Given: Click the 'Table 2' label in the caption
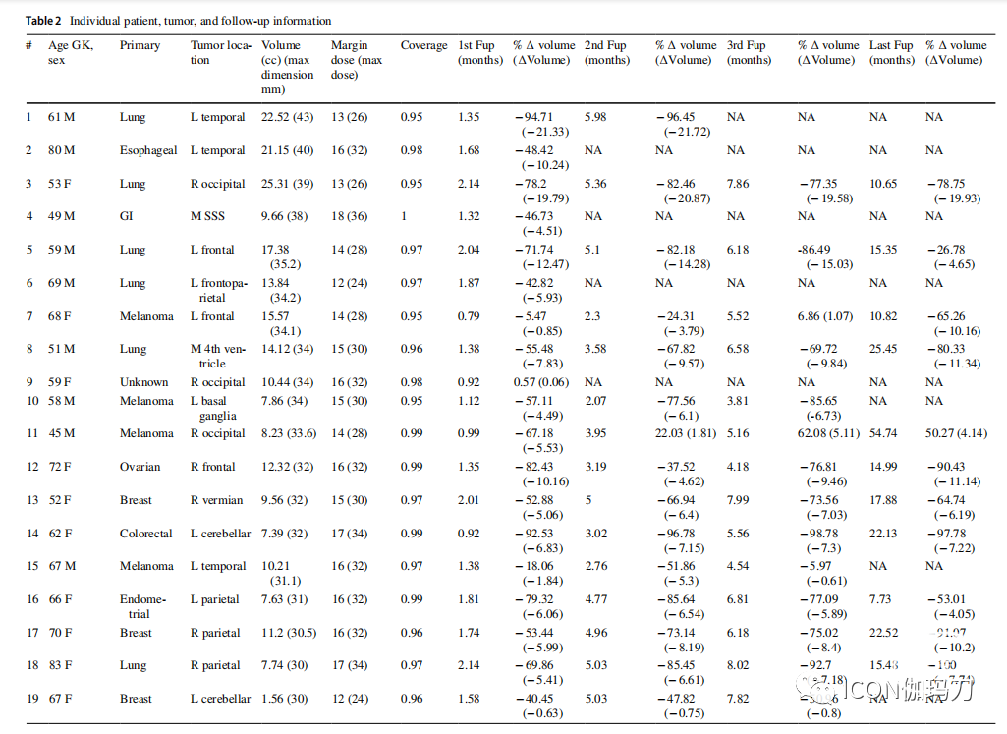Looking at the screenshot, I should pos(42,21).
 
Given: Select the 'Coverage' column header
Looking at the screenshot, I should pos(422,45).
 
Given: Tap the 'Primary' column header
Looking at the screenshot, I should pos(139,45).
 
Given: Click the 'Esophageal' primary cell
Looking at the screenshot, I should pos(148,150).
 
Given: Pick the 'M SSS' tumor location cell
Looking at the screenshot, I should pos(207,216).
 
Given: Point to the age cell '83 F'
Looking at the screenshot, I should pos(60,665).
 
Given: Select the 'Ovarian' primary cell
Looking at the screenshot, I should pos(140,467).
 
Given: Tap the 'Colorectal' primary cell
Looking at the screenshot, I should pos(146,534).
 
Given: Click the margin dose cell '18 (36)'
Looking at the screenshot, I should pos(351,216).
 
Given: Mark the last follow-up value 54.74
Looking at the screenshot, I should pos(883,433).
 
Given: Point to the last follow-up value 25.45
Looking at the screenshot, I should pos(883,349).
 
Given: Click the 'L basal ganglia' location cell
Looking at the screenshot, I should pos(211,408).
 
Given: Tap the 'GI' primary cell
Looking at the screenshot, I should pos(126,216).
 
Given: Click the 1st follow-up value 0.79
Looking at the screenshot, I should pos(469,316).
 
